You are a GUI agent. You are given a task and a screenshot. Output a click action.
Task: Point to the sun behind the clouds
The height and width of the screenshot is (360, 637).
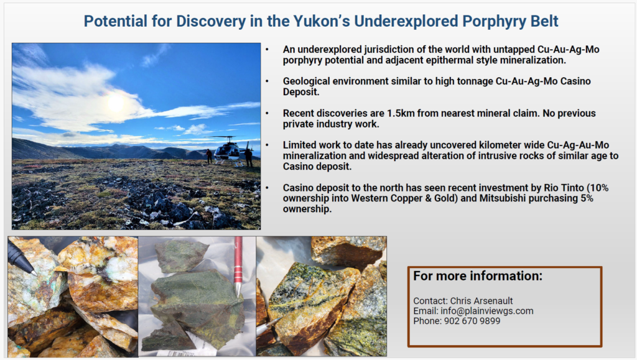click(116, 102)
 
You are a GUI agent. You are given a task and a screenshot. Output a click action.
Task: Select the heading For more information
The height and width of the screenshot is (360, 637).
click(478, 276)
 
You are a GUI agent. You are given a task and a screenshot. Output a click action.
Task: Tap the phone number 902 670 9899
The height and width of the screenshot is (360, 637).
click(472, 321)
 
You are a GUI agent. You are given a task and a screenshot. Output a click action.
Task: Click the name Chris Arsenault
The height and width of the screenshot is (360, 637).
click(481, 301)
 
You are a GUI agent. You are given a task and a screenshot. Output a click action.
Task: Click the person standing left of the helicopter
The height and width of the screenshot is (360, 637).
click(209, 156)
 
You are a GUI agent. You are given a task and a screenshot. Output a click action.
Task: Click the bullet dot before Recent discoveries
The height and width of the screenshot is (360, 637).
click(267, 113)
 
